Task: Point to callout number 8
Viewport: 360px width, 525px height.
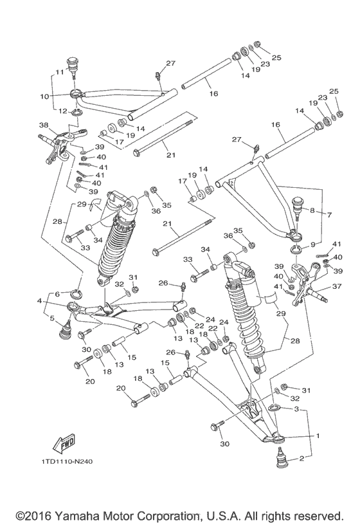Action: (311, 210)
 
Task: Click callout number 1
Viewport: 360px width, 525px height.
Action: (317, 436)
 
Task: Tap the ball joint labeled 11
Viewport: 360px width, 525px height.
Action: (76, 66)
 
